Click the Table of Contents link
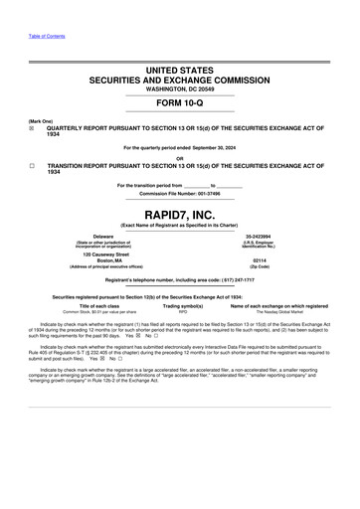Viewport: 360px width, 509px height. point(47,36)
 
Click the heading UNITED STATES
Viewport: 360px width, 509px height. point(180,71)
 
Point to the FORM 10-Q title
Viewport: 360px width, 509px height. point(180,104)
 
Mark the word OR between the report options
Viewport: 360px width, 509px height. point(180,157)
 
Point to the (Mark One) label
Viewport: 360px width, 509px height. point(41,120)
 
